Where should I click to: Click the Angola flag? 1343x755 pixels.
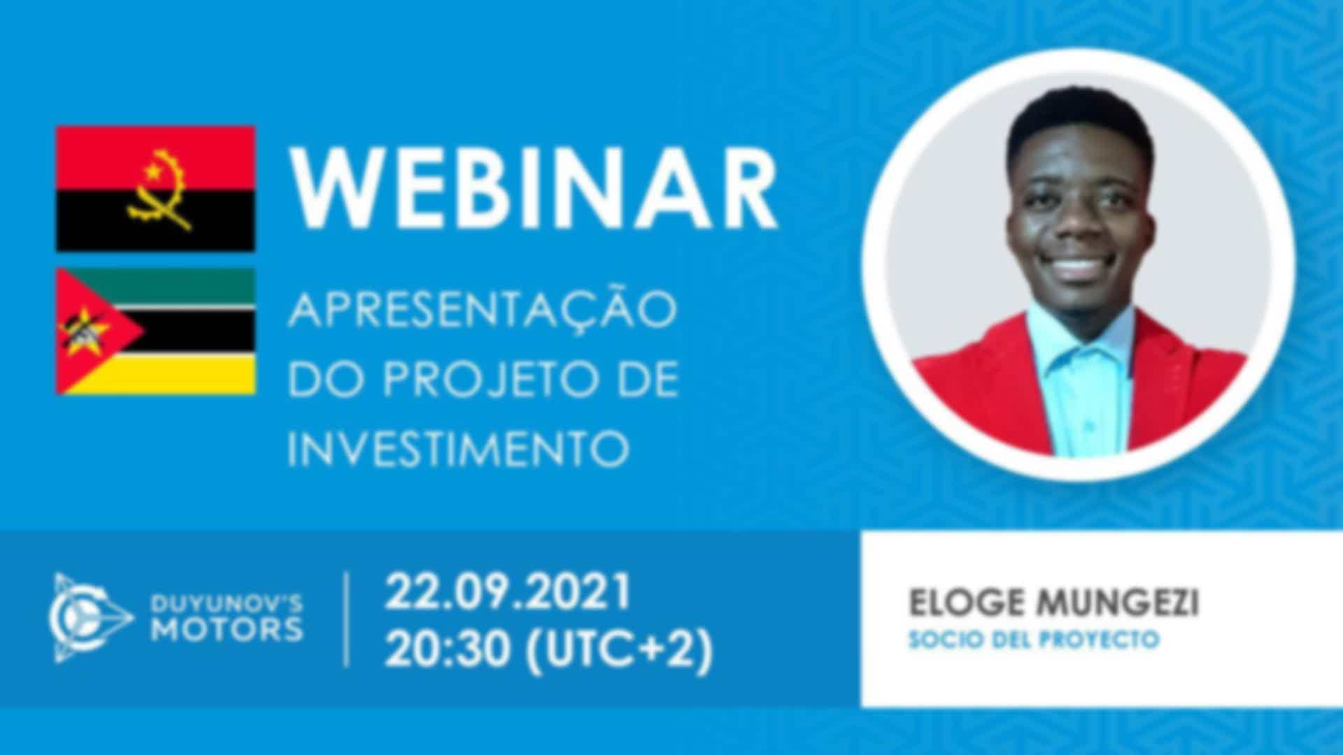(x=155, y=189)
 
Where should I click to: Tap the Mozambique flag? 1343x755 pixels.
(x=155, y=331)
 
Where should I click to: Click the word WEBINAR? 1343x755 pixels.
(x=534, y=188)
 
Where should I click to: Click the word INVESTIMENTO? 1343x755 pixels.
(x=459, y=448)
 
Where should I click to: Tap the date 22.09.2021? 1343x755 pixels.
(x=509, y=592)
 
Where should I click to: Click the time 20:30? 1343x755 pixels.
(x=447, y=649)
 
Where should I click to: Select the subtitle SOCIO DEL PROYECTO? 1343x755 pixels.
(x=1034, y=640)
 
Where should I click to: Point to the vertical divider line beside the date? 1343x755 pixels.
(x=347, y=620)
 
